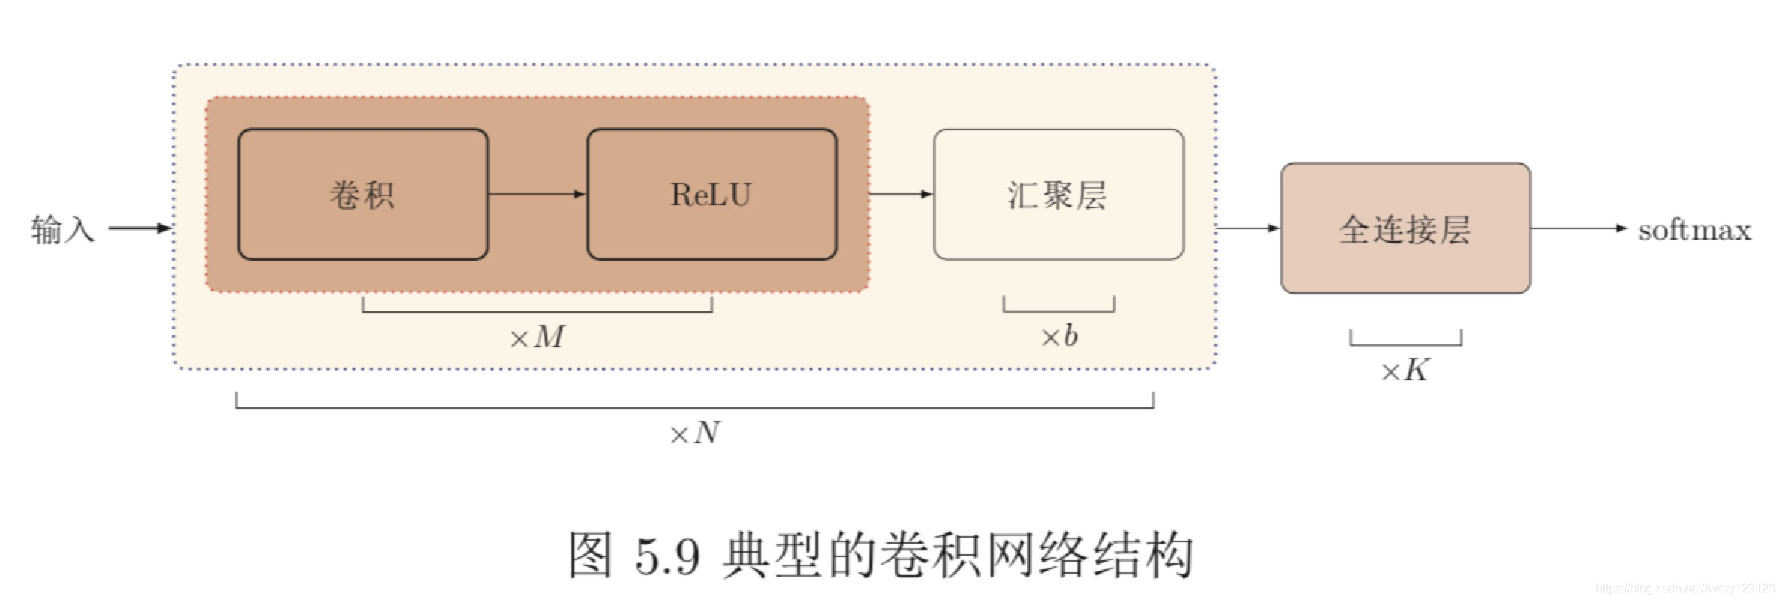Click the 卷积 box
pyautogui.click(x=362, y=195)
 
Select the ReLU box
pyautogui.click(x=711, y=195)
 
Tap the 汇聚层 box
pyautogui.click(x=1058, y=195)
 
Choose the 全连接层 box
pyautogui.click(x=1405, y=228)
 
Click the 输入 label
pyautogui.click(x=63, y=228)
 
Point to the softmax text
pyautogui.click(x=1694, y=229)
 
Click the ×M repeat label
pyautogui.click(x=537, y=338)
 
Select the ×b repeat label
pyautogui.click(x=1059, y=337)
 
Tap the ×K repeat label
pyautogui.click(x=1405, y=371)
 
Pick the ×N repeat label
pyautogui.click(x=694, y=434)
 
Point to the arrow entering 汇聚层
pyautogui.click(x=901, y=195)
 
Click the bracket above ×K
pyautogui.click(x=1405, y=344)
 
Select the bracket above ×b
pyautogui.click(x=1059, y=310)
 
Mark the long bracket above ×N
pyautogui.click(x=694, y=407)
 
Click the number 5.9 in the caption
pyautogui.click(x=667, y=556)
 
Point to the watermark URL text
pyautogui.click(x=1685, y=589)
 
